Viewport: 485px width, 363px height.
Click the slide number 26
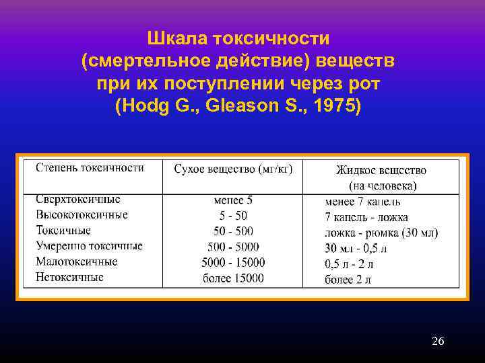(x=438, y=341)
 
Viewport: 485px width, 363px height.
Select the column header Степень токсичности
(x=90, y=167)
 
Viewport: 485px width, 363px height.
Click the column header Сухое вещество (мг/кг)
(x=233, y=169)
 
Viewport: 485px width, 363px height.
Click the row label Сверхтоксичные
(x=78, y=200)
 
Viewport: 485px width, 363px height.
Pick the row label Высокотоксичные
(x=82, y=215)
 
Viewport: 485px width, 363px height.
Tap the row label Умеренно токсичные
(x=89, y=246)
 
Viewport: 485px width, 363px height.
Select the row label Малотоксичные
(x=76, y=261)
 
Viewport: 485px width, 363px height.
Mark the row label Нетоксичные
(x=69, y=277)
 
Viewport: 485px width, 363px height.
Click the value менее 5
(x=233, y=200)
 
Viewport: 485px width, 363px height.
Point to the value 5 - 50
(x=233, y=215)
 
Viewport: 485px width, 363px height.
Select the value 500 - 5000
(x=233, y=246)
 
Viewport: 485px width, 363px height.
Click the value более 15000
(x=233, y=278)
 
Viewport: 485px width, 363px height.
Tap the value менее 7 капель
(x=362, y=201)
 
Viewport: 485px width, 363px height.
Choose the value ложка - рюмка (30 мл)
(x=381, y=233)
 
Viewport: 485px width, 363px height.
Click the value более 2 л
(x=348, y=279)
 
